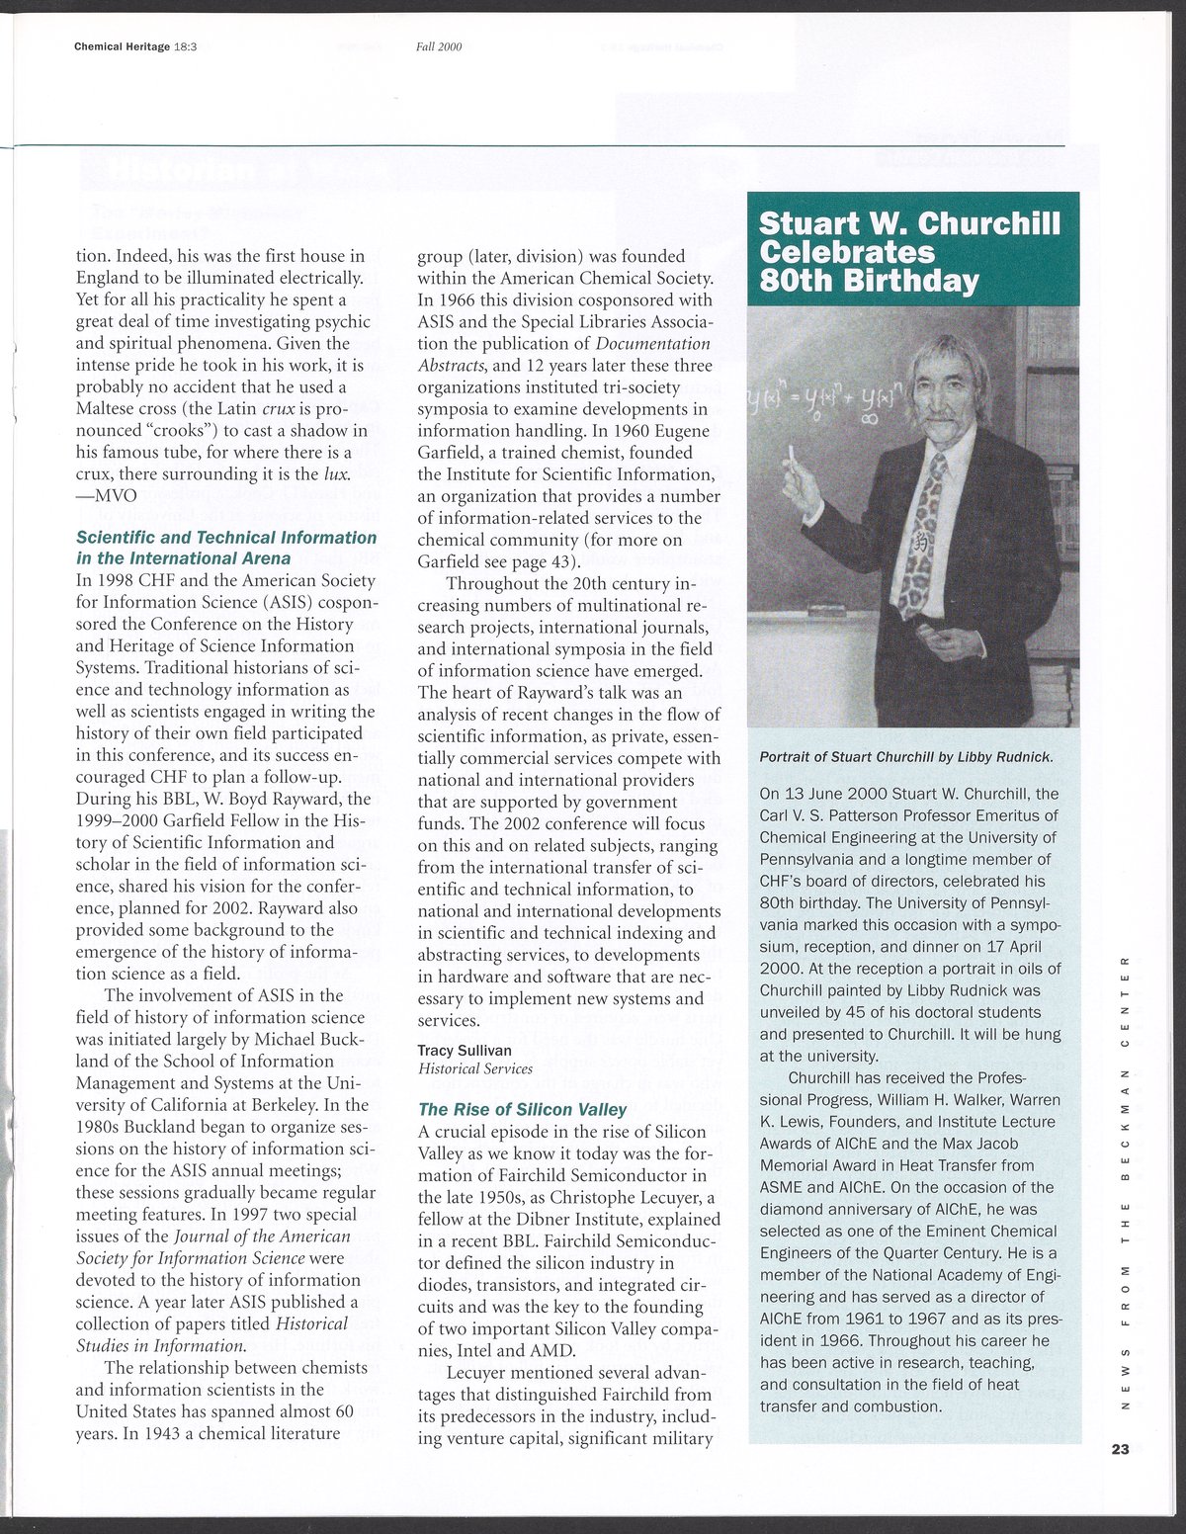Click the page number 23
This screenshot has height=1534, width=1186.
point(1119,1450)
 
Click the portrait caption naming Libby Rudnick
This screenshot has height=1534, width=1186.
point(906,757)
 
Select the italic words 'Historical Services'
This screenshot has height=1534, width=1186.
point(474,1068)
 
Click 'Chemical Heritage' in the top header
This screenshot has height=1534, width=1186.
point(122,46)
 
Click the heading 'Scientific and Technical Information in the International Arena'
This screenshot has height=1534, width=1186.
point(226,548)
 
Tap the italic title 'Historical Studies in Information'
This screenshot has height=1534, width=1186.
point(212,1334)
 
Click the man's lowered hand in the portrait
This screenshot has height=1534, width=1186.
point(944,641)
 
